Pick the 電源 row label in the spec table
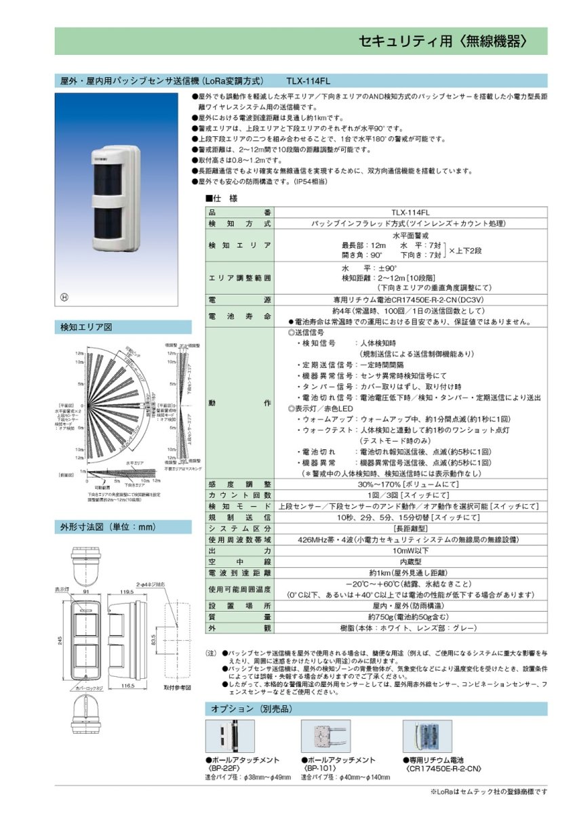[x=240, y=299]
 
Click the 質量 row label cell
[x=240, y=617]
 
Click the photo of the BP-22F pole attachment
[x=230, y=736]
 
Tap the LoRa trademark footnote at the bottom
[x=488, y=791]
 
